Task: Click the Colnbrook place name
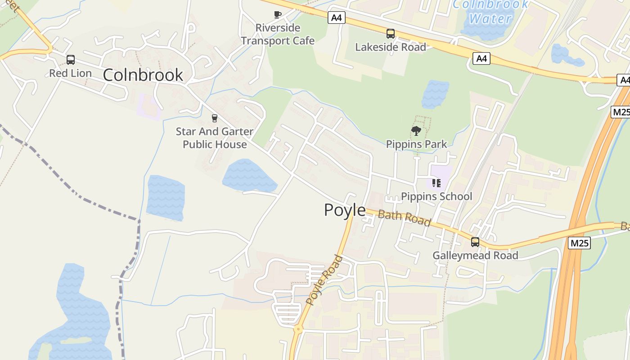click(x=143, y=75)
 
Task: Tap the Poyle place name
click(x=345, y=210)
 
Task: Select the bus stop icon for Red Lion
click(x=70, y=60)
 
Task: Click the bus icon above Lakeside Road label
click(x=390, y=34)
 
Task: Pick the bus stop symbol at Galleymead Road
click(x=475, y=242)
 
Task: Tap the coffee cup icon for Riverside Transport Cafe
click(x=278, y=15)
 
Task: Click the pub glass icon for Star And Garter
click(x=214, y=118)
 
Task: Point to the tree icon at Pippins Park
click(x=416, y=131)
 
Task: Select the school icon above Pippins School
click(x=436, y=183)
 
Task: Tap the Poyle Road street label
click(x=324, y=280)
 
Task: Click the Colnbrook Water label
click(x=490, y=12)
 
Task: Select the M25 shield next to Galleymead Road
click(x=579, y=243)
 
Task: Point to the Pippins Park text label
click(x=416, y=144)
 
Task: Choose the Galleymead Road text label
click(x=475, y=256)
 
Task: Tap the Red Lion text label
click(x=70, y=73)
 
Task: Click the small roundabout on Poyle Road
click(x=297, y=329)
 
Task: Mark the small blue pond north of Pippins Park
click(x=435, y=94)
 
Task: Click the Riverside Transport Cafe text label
click(x=278, y=34)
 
